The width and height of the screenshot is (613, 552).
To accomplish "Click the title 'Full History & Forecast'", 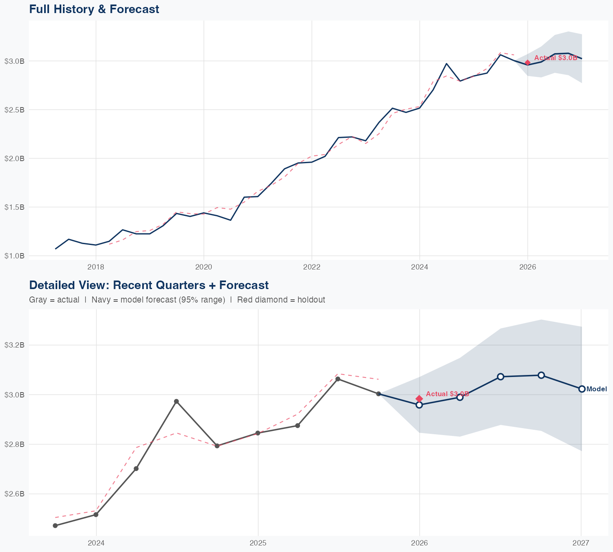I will (x=94, y=9).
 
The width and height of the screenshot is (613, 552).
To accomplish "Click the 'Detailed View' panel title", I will (x=149, y=285).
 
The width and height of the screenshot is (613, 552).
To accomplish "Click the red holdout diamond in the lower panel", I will (x=419, y=399).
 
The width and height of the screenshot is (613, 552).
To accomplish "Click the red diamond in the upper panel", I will (x=528, y=63).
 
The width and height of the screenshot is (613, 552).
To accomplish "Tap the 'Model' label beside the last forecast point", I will (x=596, y=389).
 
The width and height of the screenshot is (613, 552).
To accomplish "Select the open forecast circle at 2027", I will (x=582, y=389).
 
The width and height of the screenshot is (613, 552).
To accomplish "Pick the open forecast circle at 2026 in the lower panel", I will (x=419, y=405).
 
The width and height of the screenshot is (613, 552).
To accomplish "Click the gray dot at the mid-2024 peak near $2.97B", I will (x=177, y=402).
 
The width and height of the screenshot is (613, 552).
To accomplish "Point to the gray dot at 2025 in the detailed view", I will (x=258, y=433).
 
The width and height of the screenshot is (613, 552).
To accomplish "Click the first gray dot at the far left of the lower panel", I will (x=55, y=526).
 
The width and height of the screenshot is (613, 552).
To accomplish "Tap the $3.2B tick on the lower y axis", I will (x=14, y=345).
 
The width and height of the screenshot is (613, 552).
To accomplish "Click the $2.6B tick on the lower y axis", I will (x=14, y=494).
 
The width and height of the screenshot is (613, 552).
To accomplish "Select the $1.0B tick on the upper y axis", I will (x=14, y=256).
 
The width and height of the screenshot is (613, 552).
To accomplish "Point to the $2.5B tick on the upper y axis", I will (x=14, y=110).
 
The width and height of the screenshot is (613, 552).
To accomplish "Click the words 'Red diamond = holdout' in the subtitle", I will (x=281, y=300).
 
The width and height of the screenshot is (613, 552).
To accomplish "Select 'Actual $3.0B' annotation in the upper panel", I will (x=556, y=58).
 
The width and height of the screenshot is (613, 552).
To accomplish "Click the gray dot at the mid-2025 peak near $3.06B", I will (x=338, y=379).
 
